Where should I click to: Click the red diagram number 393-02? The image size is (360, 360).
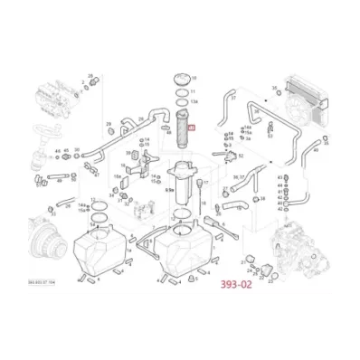tap(238, 281)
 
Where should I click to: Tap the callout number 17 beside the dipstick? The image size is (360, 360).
tap(207, 181)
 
